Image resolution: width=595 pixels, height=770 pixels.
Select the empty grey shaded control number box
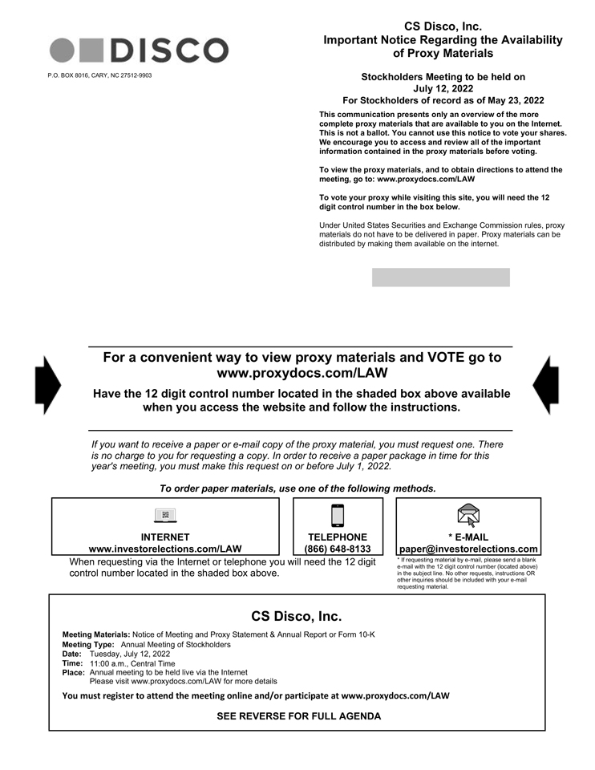[440, 278]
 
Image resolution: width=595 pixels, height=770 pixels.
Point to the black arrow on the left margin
[48, 385]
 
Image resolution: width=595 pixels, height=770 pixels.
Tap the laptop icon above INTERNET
[165, 515]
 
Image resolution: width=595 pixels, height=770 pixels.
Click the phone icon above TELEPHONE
[338, 515]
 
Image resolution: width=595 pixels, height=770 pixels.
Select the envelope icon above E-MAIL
[468, 515]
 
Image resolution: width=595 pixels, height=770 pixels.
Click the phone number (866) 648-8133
[338, 549]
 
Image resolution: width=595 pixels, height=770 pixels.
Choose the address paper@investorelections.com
[468, 549]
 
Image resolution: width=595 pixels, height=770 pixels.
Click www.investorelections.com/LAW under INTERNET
[165, 549]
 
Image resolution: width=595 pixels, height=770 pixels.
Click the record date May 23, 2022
[510, 100]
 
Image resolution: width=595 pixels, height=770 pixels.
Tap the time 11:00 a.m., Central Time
[132, 663]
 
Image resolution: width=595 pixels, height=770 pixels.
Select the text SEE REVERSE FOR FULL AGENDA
[298, 715]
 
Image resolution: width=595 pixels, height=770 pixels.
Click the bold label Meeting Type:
[88, 644]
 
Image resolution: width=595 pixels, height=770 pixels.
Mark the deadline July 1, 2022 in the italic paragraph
[359, 466]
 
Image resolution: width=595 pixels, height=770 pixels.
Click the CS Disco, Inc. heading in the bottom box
[297, 616]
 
